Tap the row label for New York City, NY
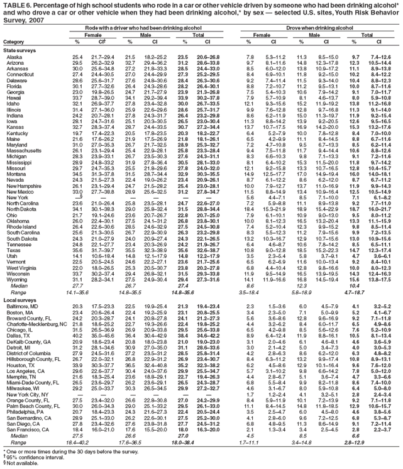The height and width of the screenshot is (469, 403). [26, 393]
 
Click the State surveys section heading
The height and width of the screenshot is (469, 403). [19, 49]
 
